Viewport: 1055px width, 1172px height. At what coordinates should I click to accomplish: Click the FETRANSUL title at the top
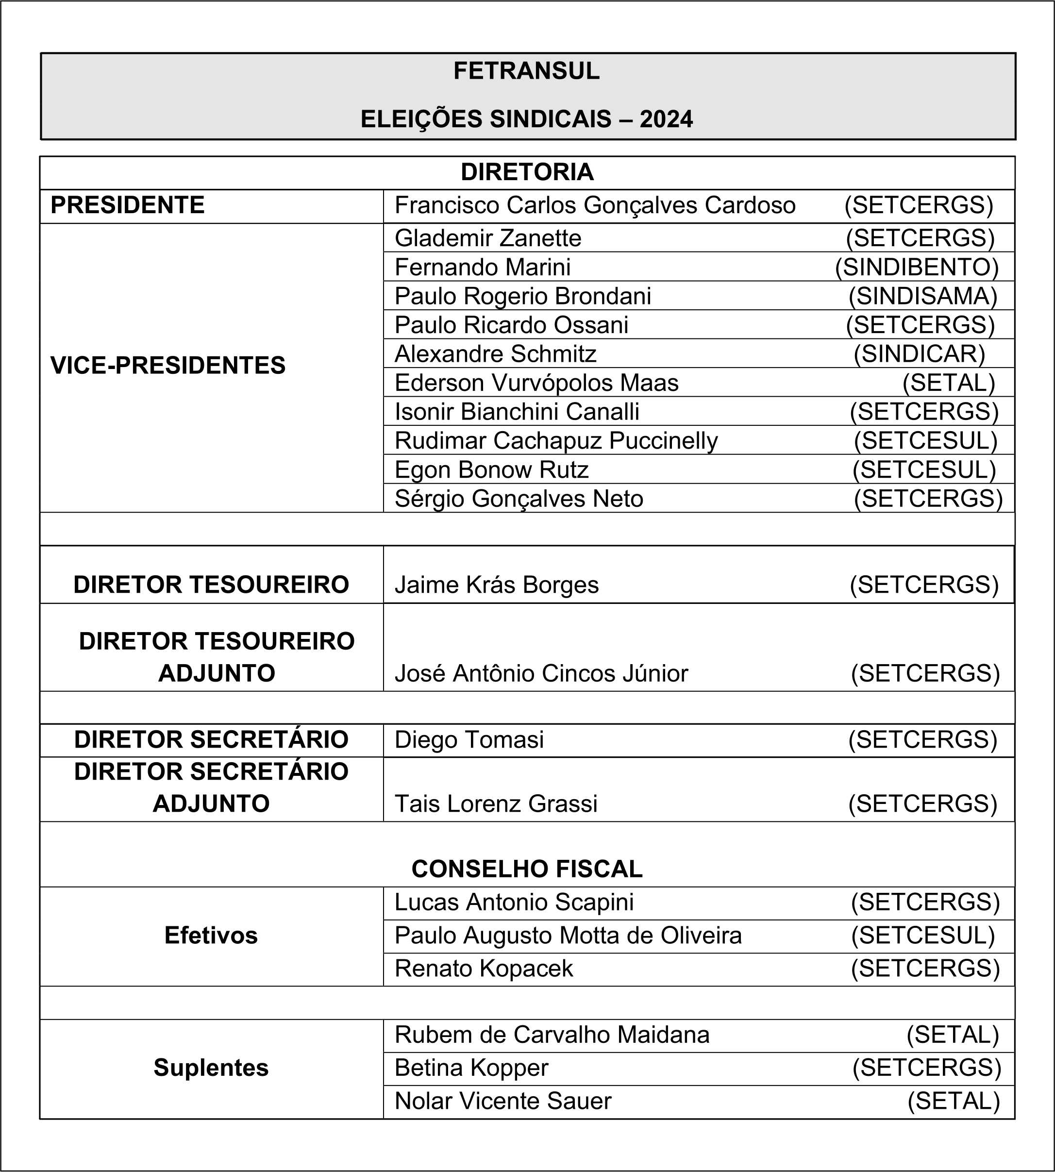click(x=526, y=71)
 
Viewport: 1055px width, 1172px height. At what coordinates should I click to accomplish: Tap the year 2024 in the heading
click(x=666, y=119)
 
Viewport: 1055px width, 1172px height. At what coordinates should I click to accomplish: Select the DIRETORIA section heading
click(x=527, y=172)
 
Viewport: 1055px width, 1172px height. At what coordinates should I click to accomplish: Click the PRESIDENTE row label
click(x=128, y=205)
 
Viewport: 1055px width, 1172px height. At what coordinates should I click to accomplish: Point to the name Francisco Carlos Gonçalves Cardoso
click(x=595, y=205)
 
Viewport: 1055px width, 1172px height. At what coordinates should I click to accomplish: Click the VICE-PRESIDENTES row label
click(x=168, y=366)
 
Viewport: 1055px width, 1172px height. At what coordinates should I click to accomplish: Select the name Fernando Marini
click(x=482, y=267)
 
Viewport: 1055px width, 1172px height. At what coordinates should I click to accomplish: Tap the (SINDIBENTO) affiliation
click(x=917, y=267)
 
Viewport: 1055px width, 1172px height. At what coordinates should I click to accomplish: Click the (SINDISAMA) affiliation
click(x=923, y=296)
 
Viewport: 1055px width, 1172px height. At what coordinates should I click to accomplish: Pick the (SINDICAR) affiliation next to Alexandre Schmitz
click(x=920, y=354)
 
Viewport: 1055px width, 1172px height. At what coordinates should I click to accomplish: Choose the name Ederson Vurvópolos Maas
click(x=536, y=383)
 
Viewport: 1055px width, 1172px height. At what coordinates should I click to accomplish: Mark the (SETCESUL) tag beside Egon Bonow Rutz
click(x=924, y=470)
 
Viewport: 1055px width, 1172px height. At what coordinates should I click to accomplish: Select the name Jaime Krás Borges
click(x=496, y=585)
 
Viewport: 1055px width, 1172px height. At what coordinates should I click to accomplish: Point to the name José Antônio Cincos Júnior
click(x=541, y=673)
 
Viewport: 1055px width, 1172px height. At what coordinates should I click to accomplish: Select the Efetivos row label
click(x=211, y=936)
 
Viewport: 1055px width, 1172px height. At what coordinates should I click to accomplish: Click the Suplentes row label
click(x=211, y=1068)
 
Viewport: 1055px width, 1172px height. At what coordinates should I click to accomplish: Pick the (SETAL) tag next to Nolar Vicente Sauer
click(x=954, y=1101)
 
